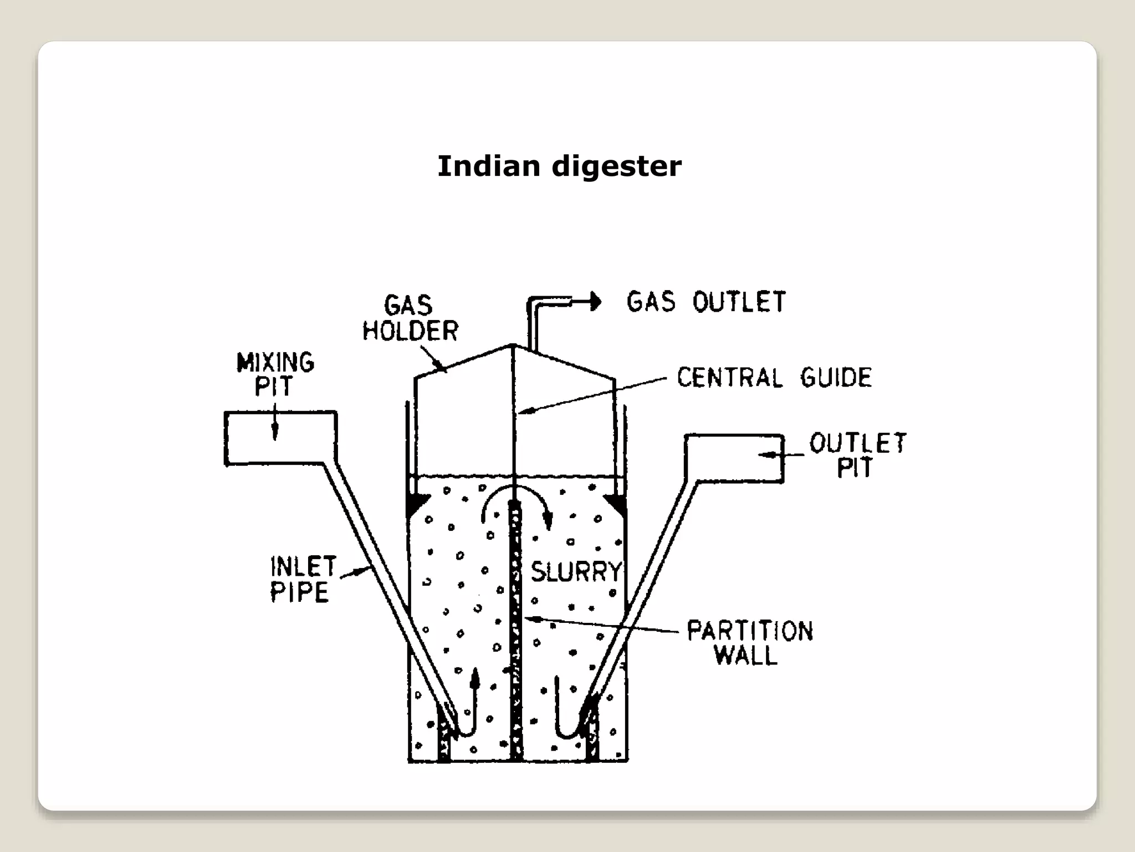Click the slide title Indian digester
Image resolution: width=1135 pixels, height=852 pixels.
coord(559,166)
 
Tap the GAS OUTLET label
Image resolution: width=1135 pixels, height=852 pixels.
coord(706,302)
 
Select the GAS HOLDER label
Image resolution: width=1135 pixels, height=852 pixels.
coord(410,318)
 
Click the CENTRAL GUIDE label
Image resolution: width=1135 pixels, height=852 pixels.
coord(774,378)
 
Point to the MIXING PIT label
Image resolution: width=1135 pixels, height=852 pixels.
coord(275,374)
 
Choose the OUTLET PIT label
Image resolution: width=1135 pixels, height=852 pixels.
coord(857,455)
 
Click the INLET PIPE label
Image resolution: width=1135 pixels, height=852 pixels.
coord(303,580)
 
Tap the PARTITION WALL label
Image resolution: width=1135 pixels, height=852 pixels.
coord(749,643)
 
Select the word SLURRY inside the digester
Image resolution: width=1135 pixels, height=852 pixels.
coord(576,572)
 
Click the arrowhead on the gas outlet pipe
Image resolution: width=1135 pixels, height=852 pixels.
coord(596,302)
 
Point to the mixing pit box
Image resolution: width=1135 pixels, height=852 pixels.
coord(280,438)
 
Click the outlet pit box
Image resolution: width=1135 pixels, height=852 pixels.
coord(734,459)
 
